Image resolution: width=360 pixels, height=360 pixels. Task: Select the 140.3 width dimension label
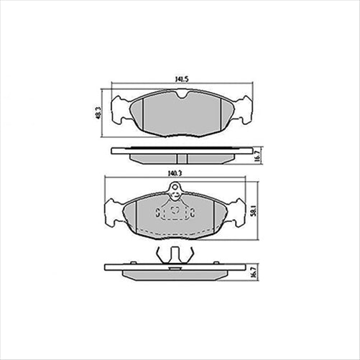[175, 172]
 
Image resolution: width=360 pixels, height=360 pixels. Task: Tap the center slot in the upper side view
[180, 158]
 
